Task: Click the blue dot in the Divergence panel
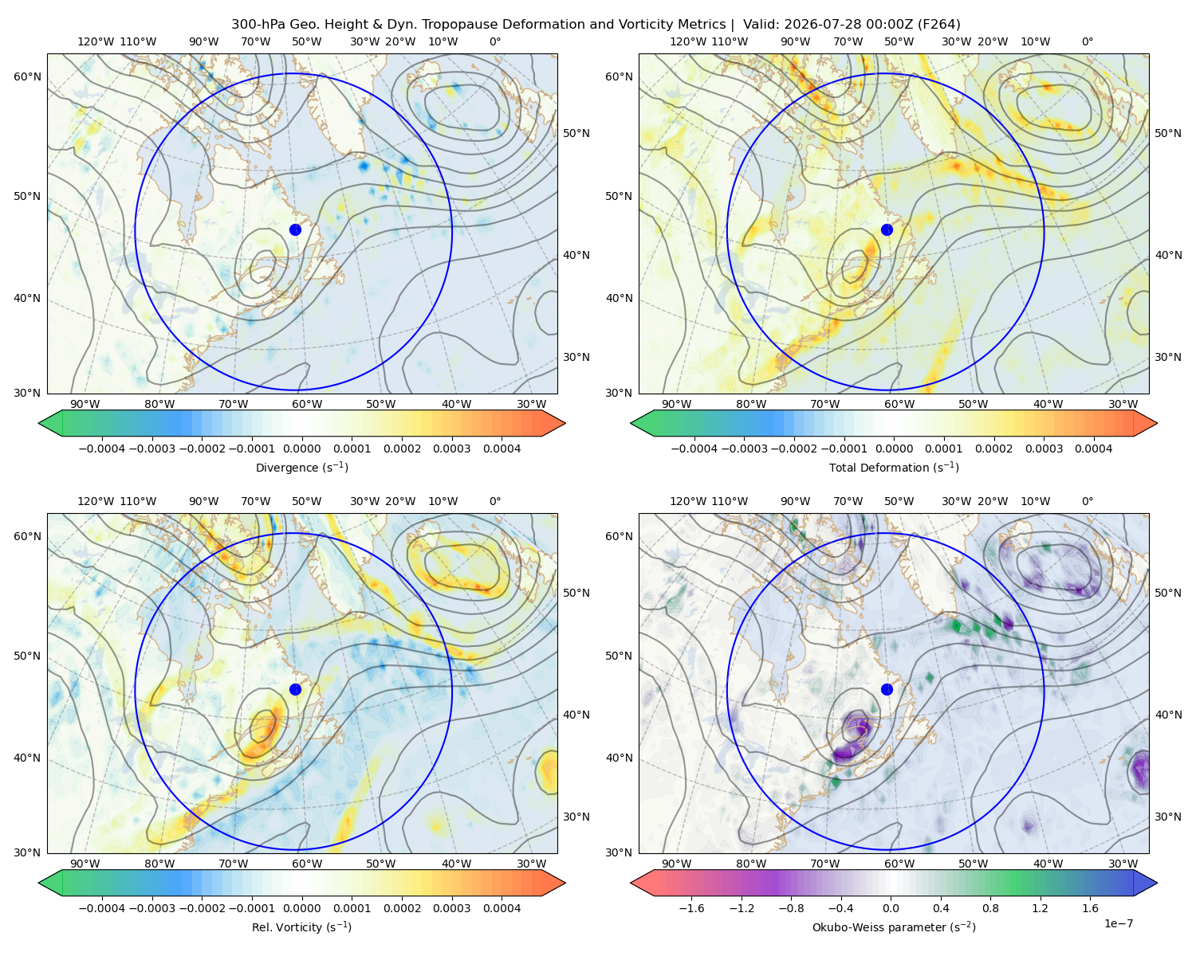pos(295,230)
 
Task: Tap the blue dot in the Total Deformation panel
pos(887,230)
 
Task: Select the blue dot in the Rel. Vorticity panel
pos(295,689)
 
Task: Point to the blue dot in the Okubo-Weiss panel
pos(887,689)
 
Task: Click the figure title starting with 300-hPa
pos(596,25)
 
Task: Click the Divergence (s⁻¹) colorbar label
pos(301,468)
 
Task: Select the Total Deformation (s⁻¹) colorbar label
pos(895,468)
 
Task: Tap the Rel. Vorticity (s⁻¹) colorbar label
pos(301,927)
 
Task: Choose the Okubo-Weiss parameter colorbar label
pos(895,927)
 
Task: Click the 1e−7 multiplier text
pos(1118,923)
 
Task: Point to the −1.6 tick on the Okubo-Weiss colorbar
pos(691,908)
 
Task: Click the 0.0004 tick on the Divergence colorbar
pos(502,449)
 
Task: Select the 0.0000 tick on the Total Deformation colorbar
pos(895,449)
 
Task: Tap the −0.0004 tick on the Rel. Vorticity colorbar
pos(102,908)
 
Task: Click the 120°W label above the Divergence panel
pos(96,41)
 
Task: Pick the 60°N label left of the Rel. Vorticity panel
pos(27,537)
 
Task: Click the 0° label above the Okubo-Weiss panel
pos(1088,501)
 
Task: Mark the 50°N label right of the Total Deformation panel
pos(1168,133)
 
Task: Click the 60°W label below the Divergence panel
pos(307,405)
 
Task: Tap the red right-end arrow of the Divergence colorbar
pos(553,423)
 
